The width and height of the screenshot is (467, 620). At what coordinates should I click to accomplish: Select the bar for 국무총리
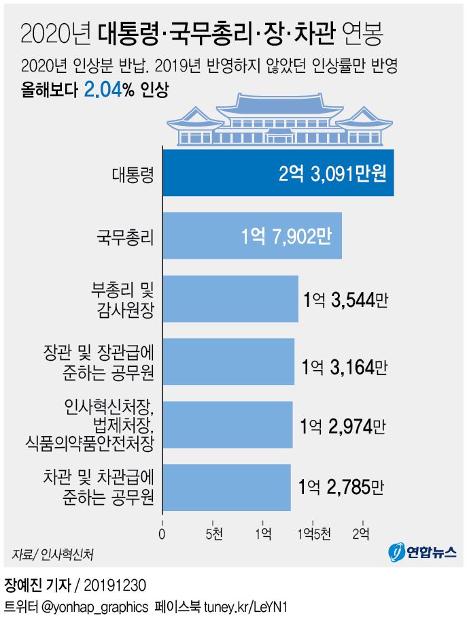click(204, 235)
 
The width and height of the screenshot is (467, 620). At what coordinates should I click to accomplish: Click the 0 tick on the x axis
click(162, 532)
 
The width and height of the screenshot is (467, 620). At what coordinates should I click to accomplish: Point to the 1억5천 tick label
click(313, 532)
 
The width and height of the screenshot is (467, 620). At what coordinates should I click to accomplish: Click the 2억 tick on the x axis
click(362, 532)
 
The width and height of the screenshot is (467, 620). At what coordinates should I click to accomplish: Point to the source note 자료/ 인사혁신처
click(52, 554)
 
